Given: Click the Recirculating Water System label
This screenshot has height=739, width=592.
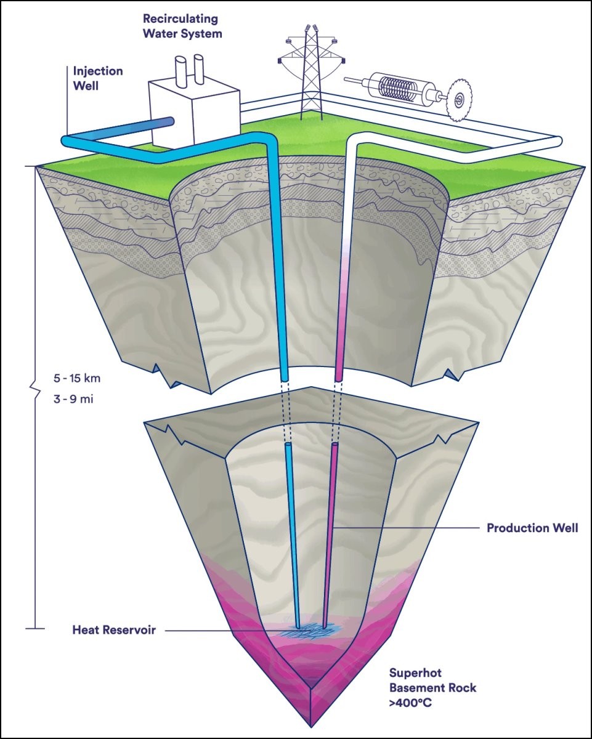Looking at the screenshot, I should pos(182,25).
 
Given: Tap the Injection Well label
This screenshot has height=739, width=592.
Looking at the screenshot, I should pos(98,78).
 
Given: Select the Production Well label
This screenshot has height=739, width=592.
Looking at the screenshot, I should pos(532,528).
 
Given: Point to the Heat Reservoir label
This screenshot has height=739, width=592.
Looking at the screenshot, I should pos(113,630).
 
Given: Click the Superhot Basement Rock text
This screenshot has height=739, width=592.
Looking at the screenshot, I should pos(432,679).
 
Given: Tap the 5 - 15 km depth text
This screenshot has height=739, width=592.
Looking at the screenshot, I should pos(76,378).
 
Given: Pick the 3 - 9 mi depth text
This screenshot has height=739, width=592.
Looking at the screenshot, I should pos(74,398).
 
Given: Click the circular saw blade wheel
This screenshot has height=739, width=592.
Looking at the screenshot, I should pos(457,99).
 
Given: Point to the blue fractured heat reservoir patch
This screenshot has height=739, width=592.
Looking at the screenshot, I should pos(312,630).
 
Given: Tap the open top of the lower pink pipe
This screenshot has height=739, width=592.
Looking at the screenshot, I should pos(335,443).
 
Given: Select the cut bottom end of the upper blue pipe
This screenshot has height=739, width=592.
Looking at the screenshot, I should pos(285,375).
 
